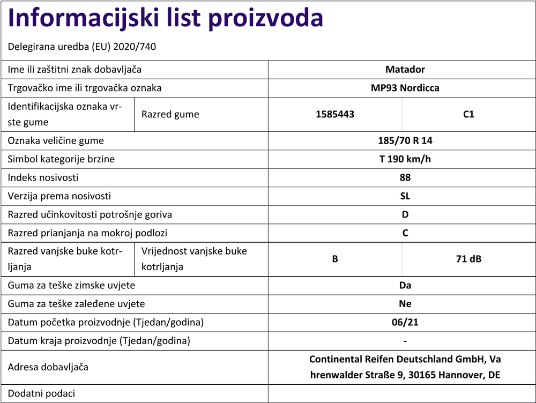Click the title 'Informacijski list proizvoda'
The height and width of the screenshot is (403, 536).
tap(166, 19)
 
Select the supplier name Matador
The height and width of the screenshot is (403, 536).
tap(405, 70)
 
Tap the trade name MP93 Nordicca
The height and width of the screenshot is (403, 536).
tap(405, 88)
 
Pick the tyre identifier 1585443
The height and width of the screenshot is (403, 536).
tap(335, 114)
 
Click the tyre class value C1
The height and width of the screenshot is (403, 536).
tap(468, 114)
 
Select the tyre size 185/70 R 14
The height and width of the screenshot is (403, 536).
tap(405, 141)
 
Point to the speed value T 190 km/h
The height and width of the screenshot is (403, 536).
tap(405, 159)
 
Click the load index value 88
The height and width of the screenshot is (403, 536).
tap(405, 177)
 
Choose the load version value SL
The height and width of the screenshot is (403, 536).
tap(405, 196)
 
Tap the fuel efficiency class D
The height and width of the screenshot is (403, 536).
tap(405, 214)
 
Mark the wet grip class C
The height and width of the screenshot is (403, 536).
tap(405, 233)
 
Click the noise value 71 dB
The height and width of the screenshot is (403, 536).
tap(468, 259)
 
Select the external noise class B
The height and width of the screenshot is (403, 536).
tap(335, 259)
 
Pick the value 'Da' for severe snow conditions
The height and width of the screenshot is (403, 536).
tap(405, 286)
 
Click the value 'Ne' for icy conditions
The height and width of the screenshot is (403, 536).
tap(405, 304)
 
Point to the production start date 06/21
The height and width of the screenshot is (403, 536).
tap(405, 322)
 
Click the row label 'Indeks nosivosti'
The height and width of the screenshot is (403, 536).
tap(43, 177)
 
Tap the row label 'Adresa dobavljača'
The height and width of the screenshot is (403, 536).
tap(48, 367)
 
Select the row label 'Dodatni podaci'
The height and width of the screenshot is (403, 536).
tap(41, 393)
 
